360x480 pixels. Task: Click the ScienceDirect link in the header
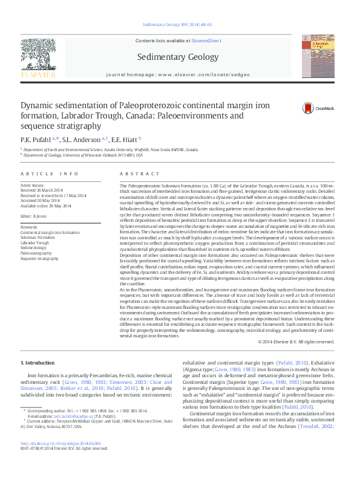(x=207, y=41)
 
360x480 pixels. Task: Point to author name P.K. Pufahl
(x=38, y=140)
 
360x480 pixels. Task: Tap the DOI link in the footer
(x=61, y=459)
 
